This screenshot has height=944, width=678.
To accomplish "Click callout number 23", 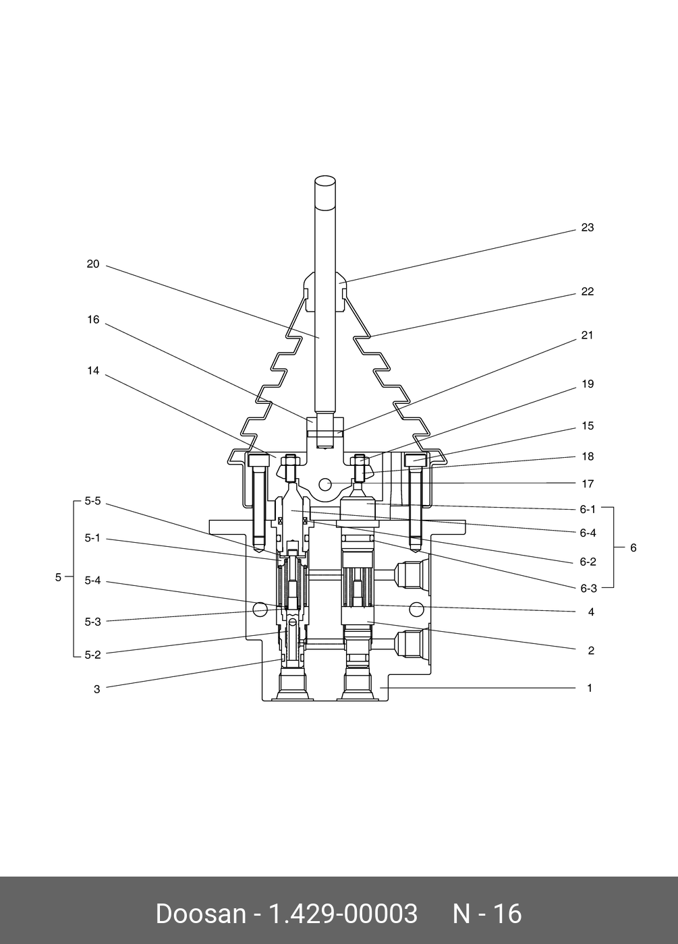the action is [588, 228].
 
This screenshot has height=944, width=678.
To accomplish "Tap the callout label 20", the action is [93, 264].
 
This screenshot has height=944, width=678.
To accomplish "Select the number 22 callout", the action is [588, 291].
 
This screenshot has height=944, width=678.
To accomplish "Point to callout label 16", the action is [93, 320].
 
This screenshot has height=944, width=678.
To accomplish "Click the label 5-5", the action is [93, 501].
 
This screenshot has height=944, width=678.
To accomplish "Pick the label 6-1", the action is [588, 510].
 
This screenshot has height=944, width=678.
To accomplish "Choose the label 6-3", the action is [588, 588].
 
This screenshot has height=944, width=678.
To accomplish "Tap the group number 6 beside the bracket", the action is [633, 548].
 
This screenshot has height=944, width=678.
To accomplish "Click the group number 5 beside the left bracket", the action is [58, 577].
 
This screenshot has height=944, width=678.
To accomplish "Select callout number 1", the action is [590, 688].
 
